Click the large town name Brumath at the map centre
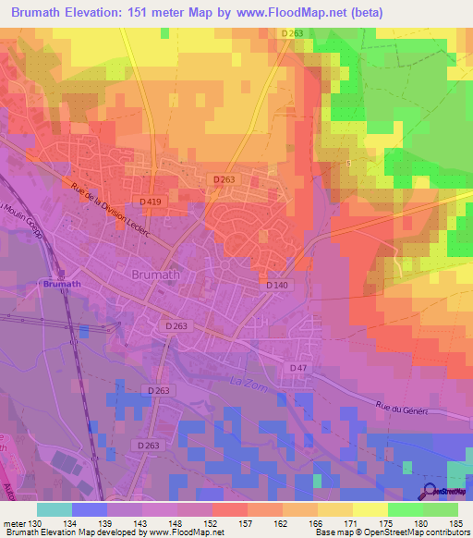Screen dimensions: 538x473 [139, 275]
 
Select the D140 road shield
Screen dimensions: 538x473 [277, 286]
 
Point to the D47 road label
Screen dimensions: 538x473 [297, 368]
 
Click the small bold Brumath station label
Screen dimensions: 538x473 [62, 285]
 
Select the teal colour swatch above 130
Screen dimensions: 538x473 [54, 509]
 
